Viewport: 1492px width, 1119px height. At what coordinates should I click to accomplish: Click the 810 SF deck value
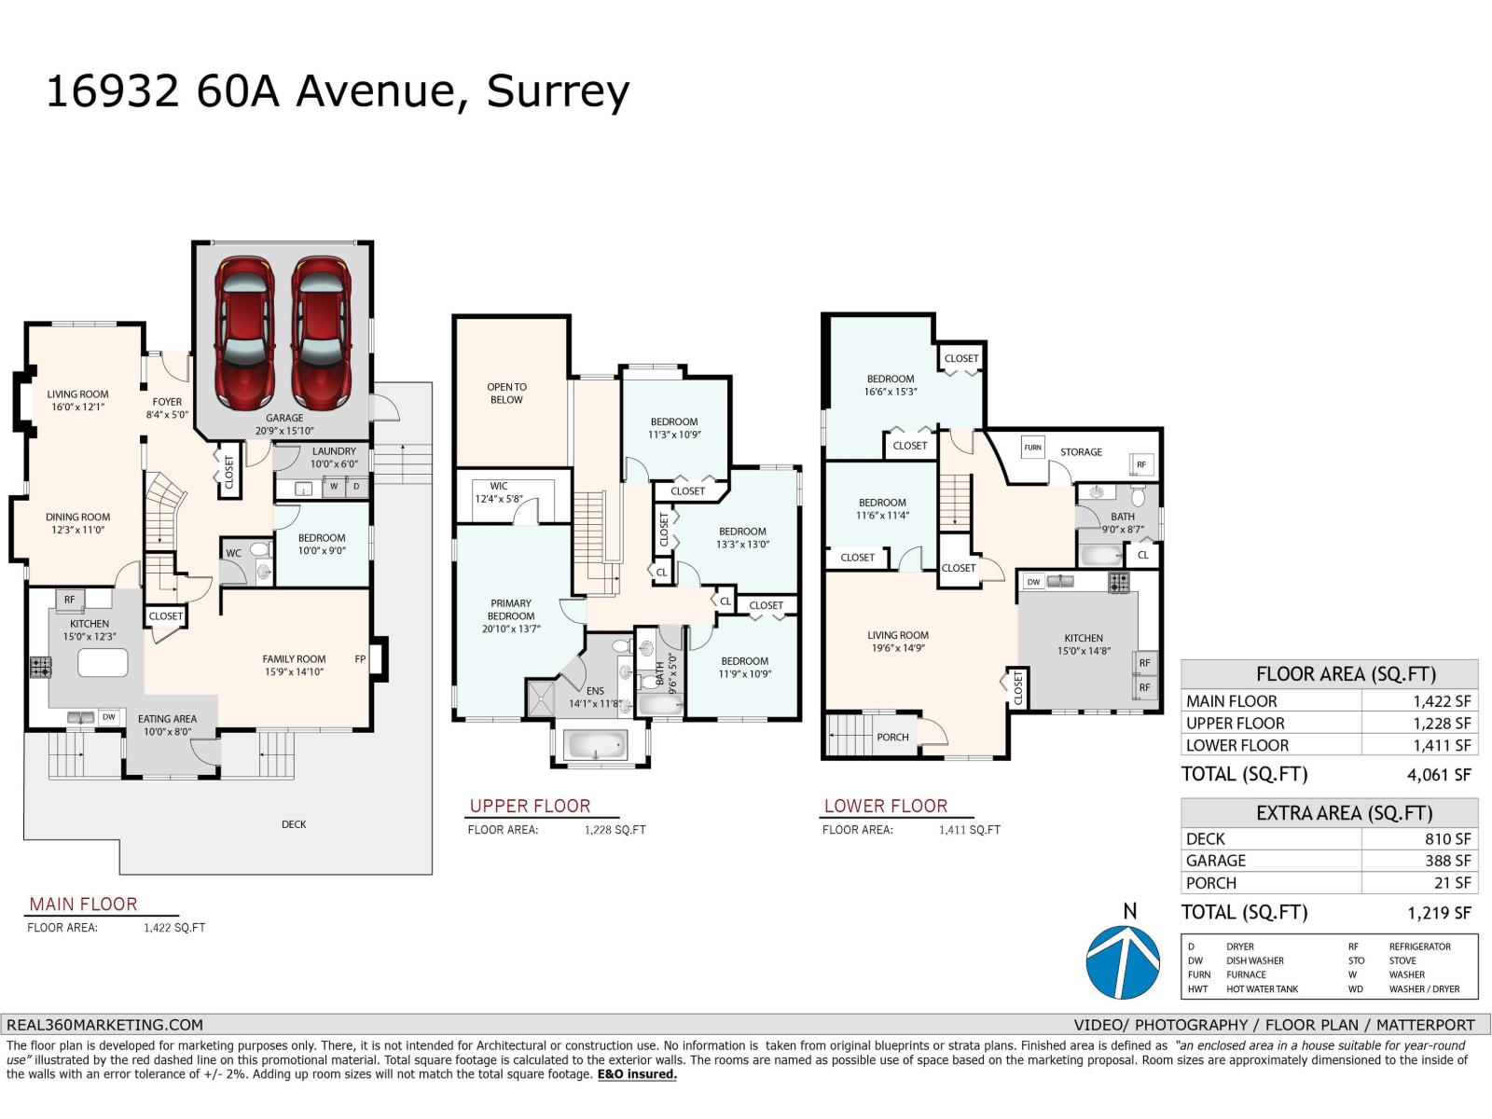[1447, 838]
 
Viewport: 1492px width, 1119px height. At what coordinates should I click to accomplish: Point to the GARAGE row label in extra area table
[1215, 861]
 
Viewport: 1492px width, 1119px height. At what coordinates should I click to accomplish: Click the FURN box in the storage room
[1032, 448]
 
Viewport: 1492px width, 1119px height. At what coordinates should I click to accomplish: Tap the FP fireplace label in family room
[360, 659]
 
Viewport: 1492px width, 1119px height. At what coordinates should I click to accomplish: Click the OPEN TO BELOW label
[506, 394]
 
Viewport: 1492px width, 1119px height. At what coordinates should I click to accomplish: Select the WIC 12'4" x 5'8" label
[499, 492]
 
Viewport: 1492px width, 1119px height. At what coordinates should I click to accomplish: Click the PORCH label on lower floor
[892, 737]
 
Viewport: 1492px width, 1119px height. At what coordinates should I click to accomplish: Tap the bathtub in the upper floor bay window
[597, 745]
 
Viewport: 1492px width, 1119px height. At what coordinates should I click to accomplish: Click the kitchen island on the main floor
[103, 663]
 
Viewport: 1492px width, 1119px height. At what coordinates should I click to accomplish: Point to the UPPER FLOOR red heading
[530, 806]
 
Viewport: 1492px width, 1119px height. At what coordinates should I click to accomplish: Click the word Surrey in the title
[558, 91]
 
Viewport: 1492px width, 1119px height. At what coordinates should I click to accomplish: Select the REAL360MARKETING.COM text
[104, 1024]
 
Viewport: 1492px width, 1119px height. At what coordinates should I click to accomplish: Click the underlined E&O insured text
[637, 1074]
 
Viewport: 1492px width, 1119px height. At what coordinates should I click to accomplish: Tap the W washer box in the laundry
[333, 487]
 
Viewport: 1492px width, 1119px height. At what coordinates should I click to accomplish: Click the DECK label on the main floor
[294, 824]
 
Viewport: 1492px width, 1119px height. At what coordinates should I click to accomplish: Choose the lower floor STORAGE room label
[1081, 452]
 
